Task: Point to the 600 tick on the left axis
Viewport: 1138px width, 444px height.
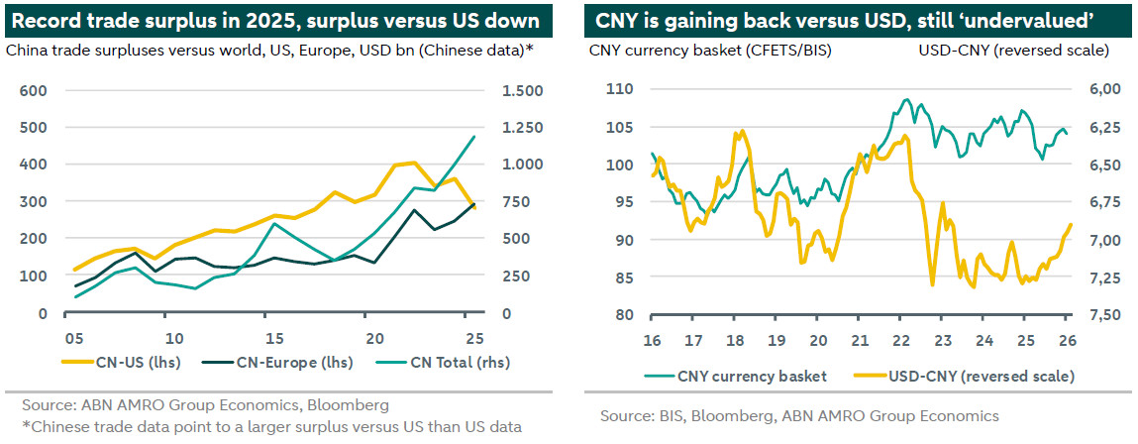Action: pyautogui.click(x=34, y=90)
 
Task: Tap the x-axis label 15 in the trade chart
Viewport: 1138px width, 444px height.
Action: pyautogui.click(x=275, y=335)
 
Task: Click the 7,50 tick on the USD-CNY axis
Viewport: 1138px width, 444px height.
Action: pyautogui.click(x=1105, y=315)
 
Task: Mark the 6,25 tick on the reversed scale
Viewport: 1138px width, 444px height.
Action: pyautogui.click(x=1105, y=127)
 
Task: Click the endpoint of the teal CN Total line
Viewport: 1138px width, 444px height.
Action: pyautogui.click(x=474, y=137)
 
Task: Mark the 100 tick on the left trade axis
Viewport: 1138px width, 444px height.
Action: pyautogui.click(x=34, y=276)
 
